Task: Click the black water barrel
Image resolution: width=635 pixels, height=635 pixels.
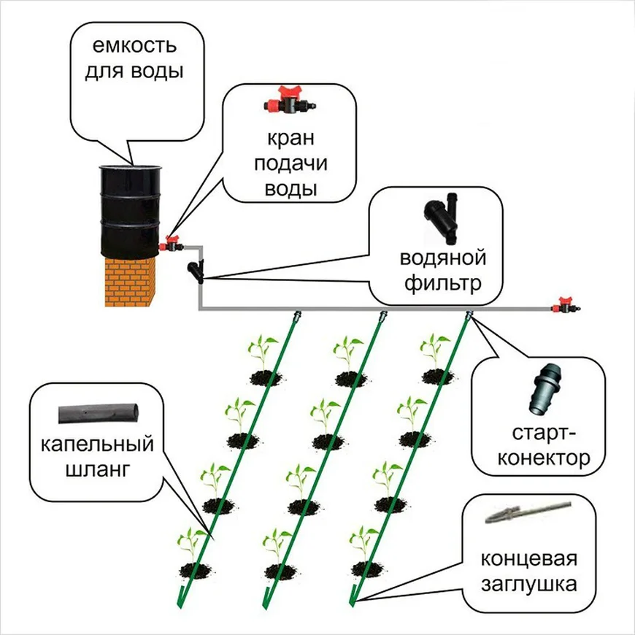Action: click(131, 209)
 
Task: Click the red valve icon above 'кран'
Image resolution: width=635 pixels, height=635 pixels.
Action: click(286, 101)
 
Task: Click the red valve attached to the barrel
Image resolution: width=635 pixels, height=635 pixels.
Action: click(172, 244)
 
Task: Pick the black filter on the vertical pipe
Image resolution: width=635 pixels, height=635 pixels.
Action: click(196, 271)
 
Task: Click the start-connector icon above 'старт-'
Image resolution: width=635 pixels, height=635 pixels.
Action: click(543, 394)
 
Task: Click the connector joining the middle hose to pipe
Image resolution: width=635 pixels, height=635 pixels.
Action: click(382, 317)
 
